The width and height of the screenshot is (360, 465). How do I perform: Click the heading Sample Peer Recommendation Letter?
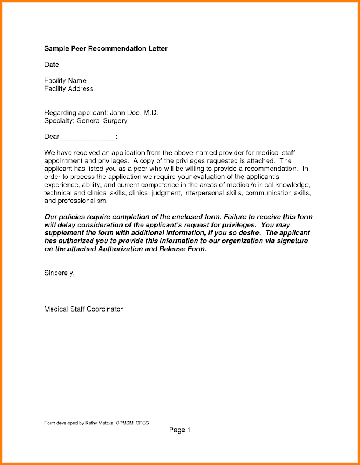pos(106,49)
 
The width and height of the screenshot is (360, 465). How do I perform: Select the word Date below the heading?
pos(52,65)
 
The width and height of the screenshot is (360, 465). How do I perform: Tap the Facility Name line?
pos(65,80)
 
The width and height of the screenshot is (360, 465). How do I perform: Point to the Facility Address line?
pos(69,88)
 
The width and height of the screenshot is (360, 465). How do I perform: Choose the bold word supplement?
pos(65,233)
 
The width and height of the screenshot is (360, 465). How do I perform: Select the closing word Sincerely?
pos(59,272)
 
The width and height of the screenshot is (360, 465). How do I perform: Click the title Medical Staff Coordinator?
pos(84,309)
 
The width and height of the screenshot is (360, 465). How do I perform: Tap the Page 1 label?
pos(179,430)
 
